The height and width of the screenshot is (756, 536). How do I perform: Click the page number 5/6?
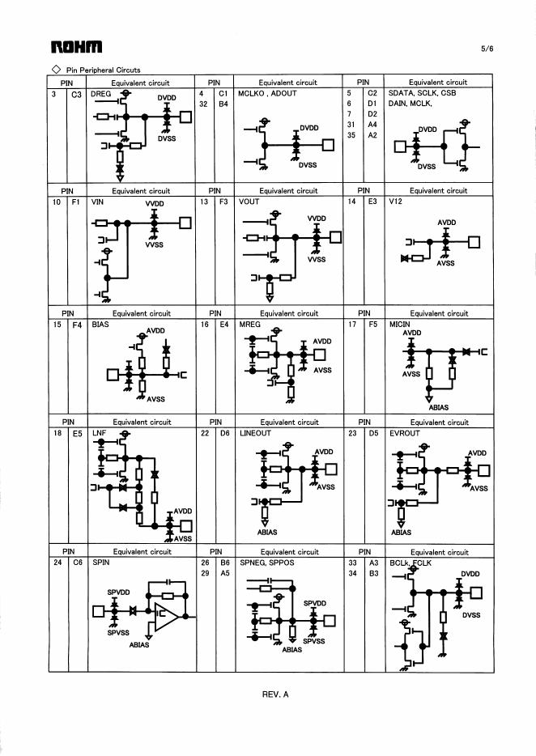tap(487, 49)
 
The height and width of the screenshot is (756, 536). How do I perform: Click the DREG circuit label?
tap(100, 93)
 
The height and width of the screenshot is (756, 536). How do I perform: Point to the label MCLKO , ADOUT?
tap(267, 93)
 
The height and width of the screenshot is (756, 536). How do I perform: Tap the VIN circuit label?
tap(99, 202)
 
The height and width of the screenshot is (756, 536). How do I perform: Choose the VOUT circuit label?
tap(249, 202)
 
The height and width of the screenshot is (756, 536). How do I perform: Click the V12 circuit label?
tap(396, 202)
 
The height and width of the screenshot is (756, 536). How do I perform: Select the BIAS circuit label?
tap(100, 324)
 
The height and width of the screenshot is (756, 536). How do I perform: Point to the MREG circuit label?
tap(249, 324)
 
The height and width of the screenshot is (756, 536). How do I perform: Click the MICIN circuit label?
tap(400, 324)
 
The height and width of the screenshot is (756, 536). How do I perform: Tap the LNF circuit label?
tap(100, 433)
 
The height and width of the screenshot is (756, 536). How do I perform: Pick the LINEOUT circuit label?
tap(255, 433)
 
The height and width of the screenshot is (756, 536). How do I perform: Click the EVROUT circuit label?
tap(404, 433)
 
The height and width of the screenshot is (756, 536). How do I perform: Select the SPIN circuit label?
tap(100, 562)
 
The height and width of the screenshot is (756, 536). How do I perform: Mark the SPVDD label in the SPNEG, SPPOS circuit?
tap(314, 603)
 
